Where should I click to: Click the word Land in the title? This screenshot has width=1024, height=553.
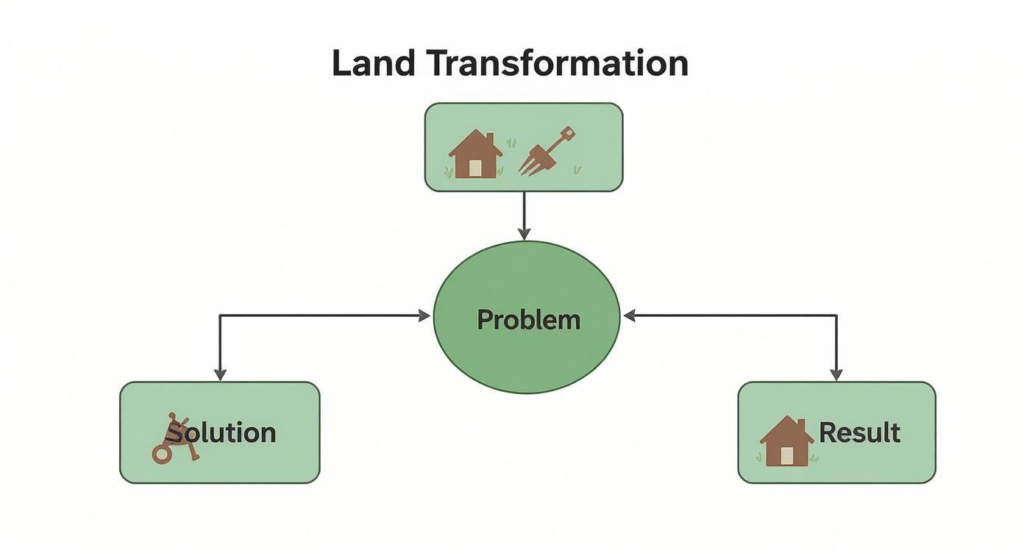[x=374, y=63]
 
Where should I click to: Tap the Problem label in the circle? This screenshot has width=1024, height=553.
[x=528, y=319]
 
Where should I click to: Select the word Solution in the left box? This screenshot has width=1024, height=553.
[x=221, y=432]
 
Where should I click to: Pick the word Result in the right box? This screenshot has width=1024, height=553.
[x=859, y=432]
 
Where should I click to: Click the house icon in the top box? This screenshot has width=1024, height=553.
[x=475, y=154]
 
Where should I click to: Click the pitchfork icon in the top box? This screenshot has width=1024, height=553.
[x=547, y=151]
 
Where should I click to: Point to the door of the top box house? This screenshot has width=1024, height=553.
[x=475, y=168]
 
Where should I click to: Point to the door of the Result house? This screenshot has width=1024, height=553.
[x=786, y=456]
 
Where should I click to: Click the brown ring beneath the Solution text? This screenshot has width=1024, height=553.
[x=161, y=454]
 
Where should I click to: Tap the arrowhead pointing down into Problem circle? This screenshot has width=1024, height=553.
[x=524, y=234]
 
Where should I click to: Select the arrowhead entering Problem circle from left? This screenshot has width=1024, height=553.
[x=424, y=315]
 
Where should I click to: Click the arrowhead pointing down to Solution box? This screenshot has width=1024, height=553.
[x=221, y=375]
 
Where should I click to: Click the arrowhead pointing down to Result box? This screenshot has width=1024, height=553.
[x=836, y=375]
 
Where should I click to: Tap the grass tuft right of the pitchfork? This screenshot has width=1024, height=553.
[x=577, y=170]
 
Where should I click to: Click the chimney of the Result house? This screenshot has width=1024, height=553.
[x=801, y=426]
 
